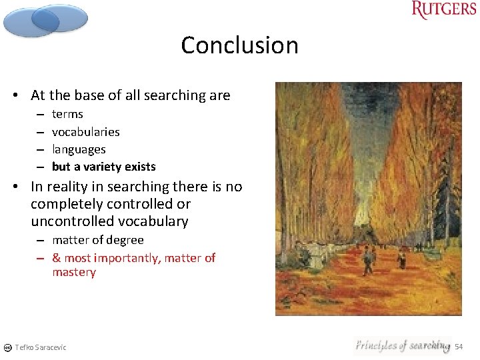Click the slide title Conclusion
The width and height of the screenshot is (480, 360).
(x=239, y=45)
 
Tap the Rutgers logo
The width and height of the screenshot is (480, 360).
(x=443, y=10)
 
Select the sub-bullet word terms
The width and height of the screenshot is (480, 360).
(x=67, y=114)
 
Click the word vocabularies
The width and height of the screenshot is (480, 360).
(x=85, y=132)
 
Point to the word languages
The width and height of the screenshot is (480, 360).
(x=79, y=149)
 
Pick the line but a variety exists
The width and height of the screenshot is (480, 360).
(x=103, y=167)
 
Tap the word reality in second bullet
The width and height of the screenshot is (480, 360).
(x=69, y=187)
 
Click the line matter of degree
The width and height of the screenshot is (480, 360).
(x=97, y=240)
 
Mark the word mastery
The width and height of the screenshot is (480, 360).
(x=74, y=272)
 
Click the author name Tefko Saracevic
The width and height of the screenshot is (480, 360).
(x=41, y=347)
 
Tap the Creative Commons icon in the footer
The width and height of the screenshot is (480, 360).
(x=7, y=347)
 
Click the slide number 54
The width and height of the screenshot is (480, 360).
(x=459, y=347)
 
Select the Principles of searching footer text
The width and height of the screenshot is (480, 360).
(x=402, y=345)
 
